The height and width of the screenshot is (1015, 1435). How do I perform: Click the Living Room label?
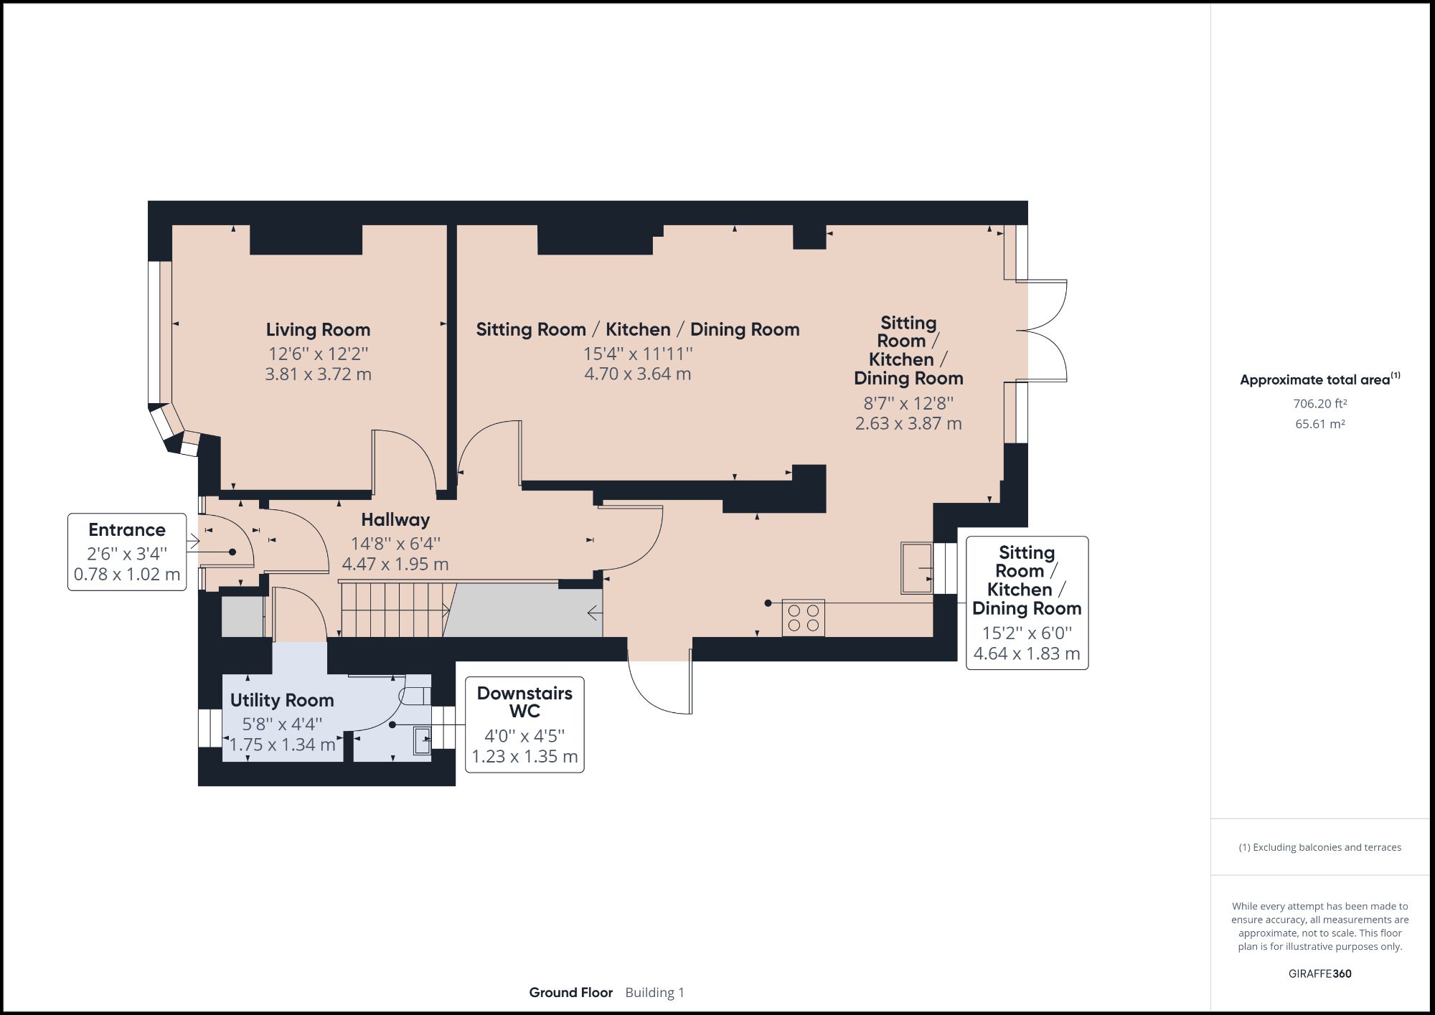coord(318,330)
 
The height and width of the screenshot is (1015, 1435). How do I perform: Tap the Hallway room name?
coord(395,519)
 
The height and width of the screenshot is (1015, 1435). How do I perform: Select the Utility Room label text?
coord(282,700)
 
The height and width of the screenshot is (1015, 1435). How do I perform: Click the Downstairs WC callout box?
coord(524,724)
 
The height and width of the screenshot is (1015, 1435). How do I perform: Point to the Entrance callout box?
coord(127,552)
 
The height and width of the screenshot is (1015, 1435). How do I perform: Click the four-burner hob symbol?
coord(803,618)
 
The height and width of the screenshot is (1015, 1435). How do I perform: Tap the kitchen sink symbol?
coord(917,568)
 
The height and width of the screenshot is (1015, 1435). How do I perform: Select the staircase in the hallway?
coord(398,610)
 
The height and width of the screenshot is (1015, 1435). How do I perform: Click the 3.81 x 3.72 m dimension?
coord(318,374)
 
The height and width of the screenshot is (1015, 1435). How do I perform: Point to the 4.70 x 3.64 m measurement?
coord(638,374)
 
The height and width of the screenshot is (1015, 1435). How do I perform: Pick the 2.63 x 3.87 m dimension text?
coord(908,423)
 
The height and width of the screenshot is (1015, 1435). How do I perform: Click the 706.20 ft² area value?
coord(1320,404)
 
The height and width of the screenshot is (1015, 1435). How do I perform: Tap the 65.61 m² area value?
coord(1320,424)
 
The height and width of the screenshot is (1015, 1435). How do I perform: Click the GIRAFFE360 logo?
coord(1320,973)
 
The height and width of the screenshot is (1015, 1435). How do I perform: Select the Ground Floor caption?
coord(571,993)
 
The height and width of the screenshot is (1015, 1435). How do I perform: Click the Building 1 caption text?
coord(655,993)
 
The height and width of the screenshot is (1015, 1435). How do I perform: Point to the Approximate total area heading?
coord(1320,379)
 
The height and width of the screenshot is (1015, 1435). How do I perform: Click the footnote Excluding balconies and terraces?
coord(1320,847)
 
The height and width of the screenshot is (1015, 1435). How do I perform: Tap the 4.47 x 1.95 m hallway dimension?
coord(395,564)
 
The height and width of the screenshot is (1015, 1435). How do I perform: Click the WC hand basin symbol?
coord(422,740)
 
